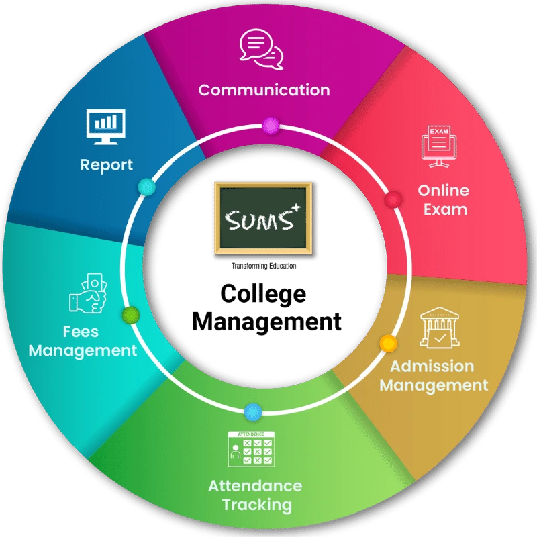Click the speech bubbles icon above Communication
[x=261, y=49]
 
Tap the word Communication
[x=264, y=90]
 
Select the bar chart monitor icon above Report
[x=106, y=127]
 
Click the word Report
[x=107, y=165]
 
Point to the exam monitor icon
[x=439, y=146]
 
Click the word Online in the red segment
[x=443, y=191]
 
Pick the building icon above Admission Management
[x=440, y=328]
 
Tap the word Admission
[x=432, y=366]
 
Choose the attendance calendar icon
[x=251, y=449]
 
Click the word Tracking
[x=257, y=505]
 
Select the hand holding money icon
[x=89, y=293]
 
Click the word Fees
[x=81, y=332]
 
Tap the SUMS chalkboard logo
[x=263, y=219]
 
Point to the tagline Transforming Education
[x=264, y=266]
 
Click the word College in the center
[x=263, y=294]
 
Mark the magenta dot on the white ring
[x=271, y=126]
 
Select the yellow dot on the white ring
[x=389, y=343]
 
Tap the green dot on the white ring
[x=131, y=315]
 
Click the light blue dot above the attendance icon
[x=254, y=412]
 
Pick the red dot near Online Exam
[x=393, y=199]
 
